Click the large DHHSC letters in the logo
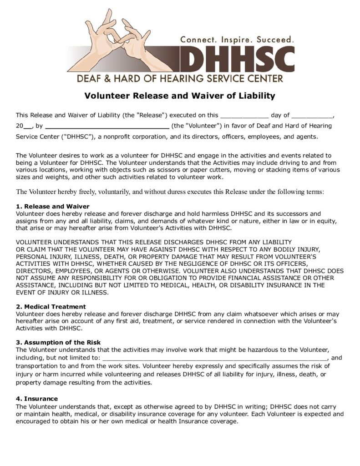[x=237, y=59]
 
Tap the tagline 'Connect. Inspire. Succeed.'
[x=237, y=40]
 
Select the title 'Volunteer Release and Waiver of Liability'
[x=180, y=96]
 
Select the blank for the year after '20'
[x=28, y=126]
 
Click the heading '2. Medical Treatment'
[x=51, y=307]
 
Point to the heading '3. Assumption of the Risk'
[x=58, y=342]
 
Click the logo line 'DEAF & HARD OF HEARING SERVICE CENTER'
[x=180, y=78]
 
